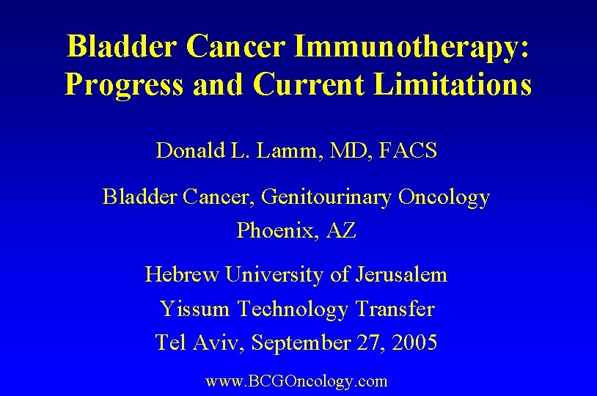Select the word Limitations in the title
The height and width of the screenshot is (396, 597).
click(x=453, y=84)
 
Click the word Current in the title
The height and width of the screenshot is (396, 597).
click(x=309, y=84)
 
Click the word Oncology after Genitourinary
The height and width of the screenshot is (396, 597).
click(x=444, y=197)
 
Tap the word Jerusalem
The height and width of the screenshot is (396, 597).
click(x=401, y=275)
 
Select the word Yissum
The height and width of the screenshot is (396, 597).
click(x=194, y=309)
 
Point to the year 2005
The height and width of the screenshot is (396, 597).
click(x=414, y=342)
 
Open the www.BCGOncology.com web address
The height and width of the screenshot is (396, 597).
click(x=296, y=381)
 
